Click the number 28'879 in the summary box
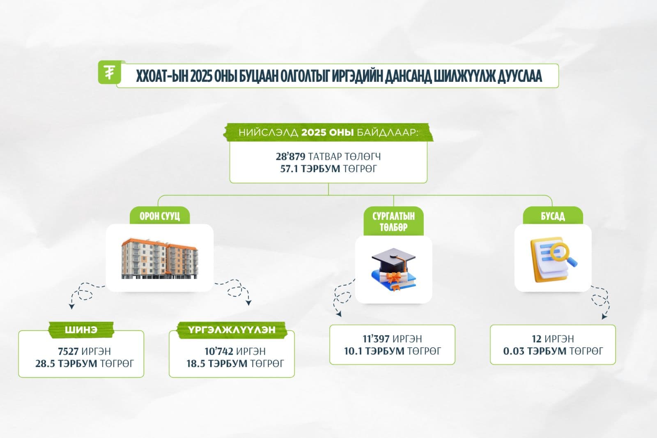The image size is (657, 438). click(x=290, y=157)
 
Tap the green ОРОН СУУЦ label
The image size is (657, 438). click(x=160, y=216)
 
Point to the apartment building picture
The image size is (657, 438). click(x=159, y=258)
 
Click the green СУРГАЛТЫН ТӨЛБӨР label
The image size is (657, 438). click(x=393, y=221)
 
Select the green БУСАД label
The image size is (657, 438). click(x=552, y=216)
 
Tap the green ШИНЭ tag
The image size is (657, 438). click(x=81, y=330)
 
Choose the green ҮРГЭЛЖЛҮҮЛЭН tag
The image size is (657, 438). click(x=232, y=330)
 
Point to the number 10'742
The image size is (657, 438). click(x=219, y=352)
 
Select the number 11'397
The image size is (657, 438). click(x=377, y=339)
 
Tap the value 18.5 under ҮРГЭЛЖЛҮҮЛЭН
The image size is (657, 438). click(x=196, y=364)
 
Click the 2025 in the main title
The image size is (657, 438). click(x=201, y=76)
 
